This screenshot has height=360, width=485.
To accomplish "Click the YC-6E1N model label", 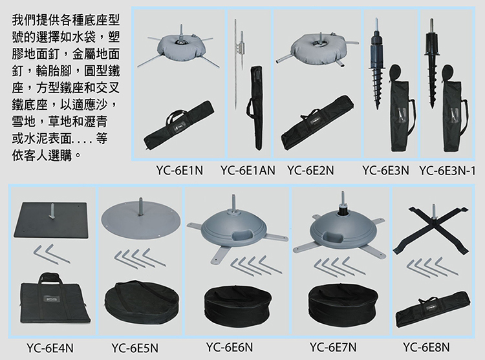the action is tap(179, 170).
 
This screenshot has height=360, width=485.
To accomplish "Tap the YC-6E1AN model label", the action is tap(248, 170).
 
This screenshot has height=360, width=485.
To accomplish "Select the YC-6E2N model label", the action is tap(310, 170).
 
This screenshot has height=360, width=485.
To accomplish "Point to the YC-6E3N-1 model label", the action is tap(447, 170).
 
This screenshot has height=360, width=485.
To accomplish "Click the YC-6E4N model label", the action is tap(50, 348).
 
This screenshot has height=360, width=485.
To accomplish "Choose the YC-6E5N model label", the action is tap(135, 348).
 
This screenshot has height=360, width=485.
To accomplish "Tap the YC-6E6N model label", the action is tap(230, 347).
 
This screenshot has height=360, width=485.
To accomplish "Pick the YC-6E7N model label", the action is tap(333, 347).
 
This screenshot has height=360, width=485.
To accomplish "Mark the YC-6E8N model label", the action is tap(426, 347).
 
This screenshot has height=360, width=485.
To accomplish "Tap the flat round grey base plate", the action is tap(141, 218).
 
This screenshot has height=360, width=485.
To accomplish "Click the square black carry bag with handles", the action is tap(54, 299).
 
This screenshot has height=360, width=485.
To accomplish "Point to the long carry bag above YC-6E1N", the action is tap(178, 125).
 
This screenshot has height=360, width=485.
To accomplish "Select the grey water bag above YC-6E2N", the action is tap(316, 48).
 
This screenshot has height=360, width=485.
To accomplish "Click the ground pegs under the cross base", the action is tap(432, 267).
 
